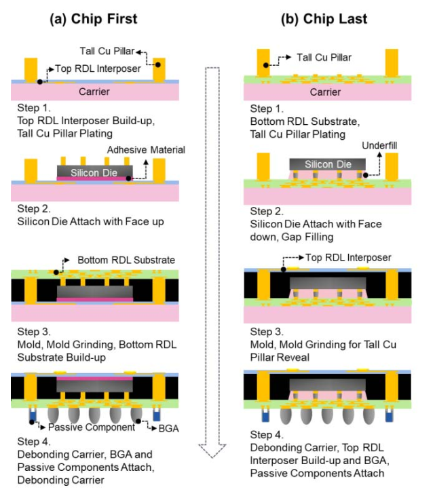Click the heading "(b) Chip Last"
pos(324,19)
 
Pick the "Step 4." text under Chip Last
pos(265,435)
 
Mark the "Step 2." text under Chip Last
pos(265,212)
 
